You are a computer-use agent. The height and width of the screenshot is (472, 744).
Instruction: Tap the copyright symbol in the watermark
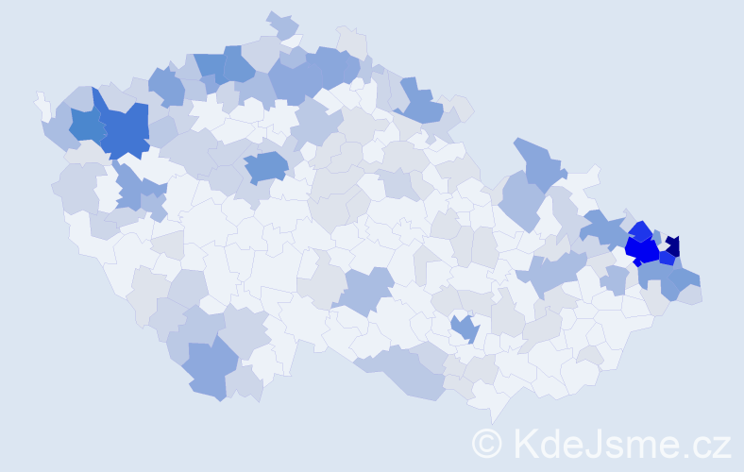486,443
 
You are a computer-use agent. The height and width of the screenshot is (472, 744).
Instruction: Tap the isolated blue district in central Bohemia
266,166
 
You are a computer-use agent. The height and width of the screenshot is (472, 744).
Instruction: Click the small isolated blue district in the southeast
465,328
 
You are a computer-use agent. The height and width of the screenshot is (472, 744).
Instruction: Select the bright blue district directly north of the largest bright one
641,230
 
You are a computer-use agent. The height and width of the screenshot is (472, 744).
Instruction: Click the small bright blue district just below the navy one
668,258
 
